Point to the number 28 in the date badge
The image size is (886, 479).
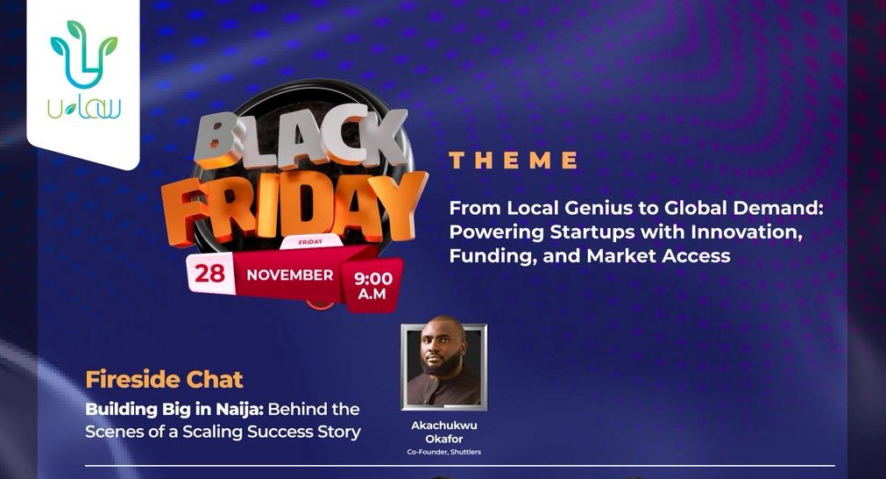tap(210, 273)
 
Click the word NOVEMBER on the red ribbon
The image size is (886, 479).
tap(290, 275)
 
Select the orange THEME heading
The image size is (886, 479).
tap(514, 161)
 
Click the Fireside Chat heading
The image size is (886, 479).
tap(164, 380)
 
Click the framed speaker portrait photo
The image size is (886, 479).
tap(443, 367)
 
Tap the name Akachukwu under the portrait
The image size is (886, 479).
tap(443, 425)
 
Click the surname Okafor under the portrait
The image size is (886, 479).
tap(443, 439)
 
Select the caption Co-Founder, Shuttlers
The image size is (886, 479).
tap(443, 453)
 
